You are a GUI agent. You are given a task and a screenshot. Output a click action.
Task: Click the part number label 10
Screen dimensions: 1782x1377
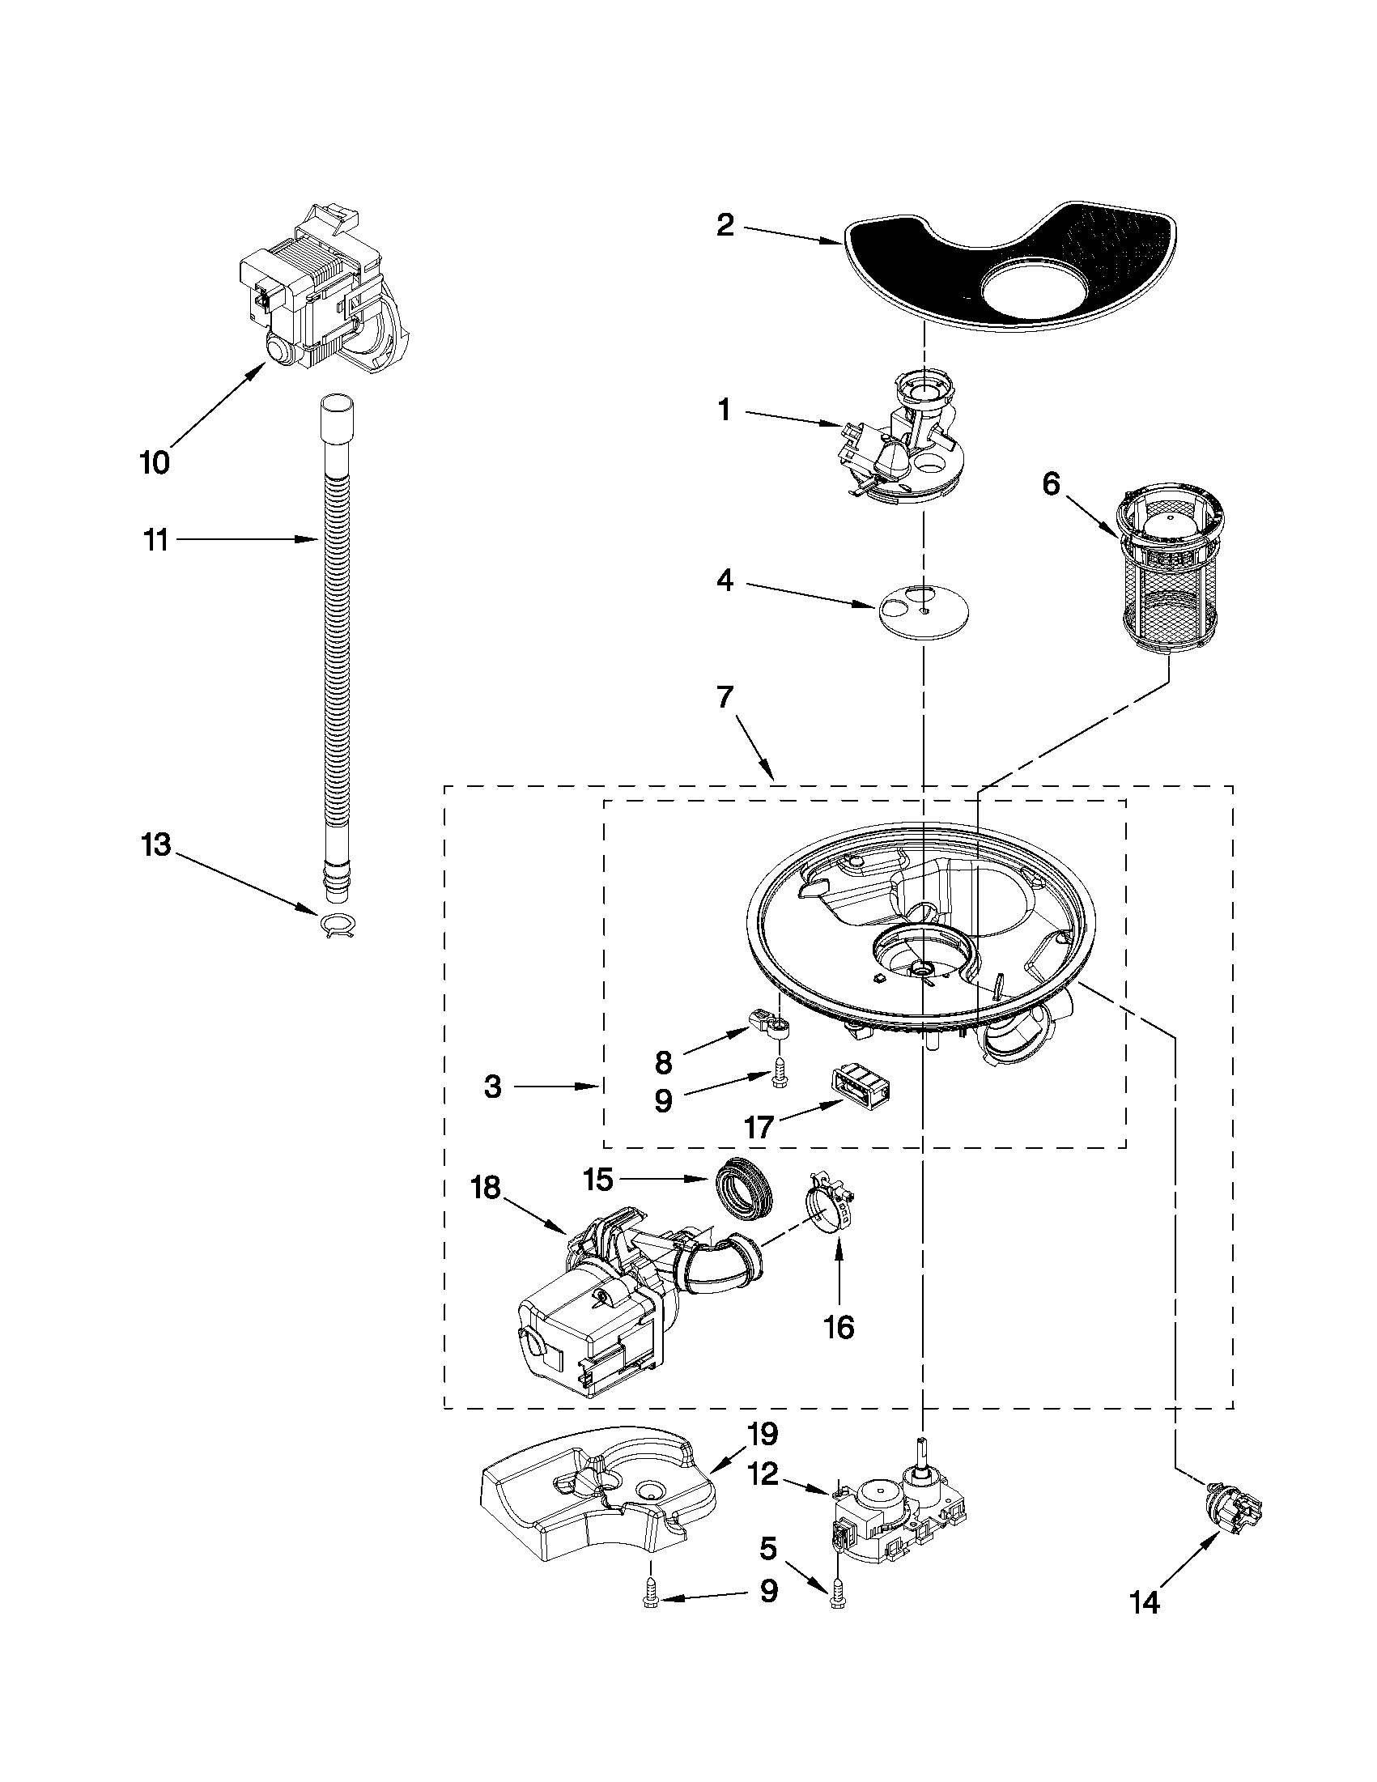[155, 462]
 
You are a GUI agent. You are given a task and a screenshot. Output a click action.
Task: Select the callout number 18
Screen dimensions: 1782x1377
[487, 1189]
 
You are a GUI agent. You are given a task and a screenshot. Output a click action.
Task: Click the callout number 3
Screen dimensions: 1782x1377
[492, 1087]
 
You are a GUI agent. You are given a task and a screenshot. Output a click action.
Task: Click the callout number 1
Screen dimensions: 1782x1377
[725, 410]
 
